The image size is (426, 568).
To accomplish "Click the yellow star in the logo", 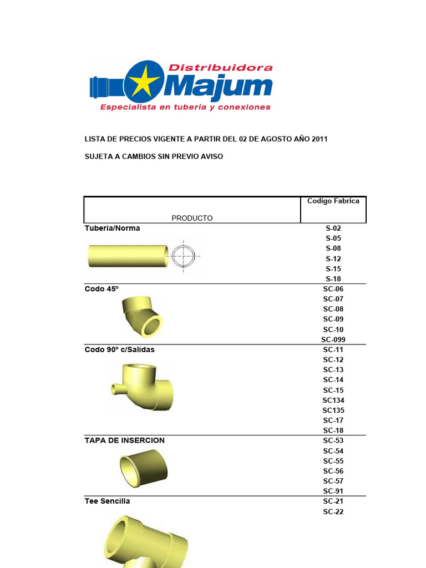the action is [x=145, y=82].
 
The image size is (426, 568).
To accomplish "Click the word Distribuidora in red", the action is [x=221, y=67].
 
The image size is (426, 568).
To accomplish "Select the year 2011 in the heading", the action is [x=319, y=139].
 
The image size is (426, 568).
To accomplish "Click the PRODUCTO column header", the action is [x=192, y=218].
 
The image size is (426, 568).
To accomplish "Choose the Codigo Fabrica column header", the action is [x=333, y=201].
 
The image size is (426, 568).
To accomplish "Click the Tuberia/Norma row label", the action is [x=112, y=228].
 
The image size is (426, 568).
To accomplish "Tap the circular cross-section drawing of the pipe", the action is [x=183, y=256].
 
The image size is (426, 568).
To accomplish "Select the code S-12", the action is [x=333, y=258].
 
